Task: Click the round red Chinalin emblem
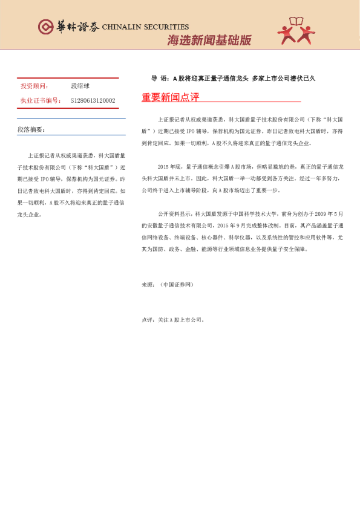click(x=46, y=27)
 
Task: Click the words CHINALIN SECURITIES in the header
click(x=145, y=27)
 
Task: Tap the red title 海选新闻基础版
click(x=209, y=41)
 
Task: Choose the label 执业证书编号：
click(x=41, y=100)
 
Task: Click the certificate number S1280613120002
click(x=93, y=100)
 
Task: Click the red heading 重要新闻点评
click(x=170, y=98)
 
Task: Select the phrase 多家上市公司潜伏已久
click(x=284, y=78)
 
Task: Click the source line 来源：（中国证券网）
click(x=167, y=283)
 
